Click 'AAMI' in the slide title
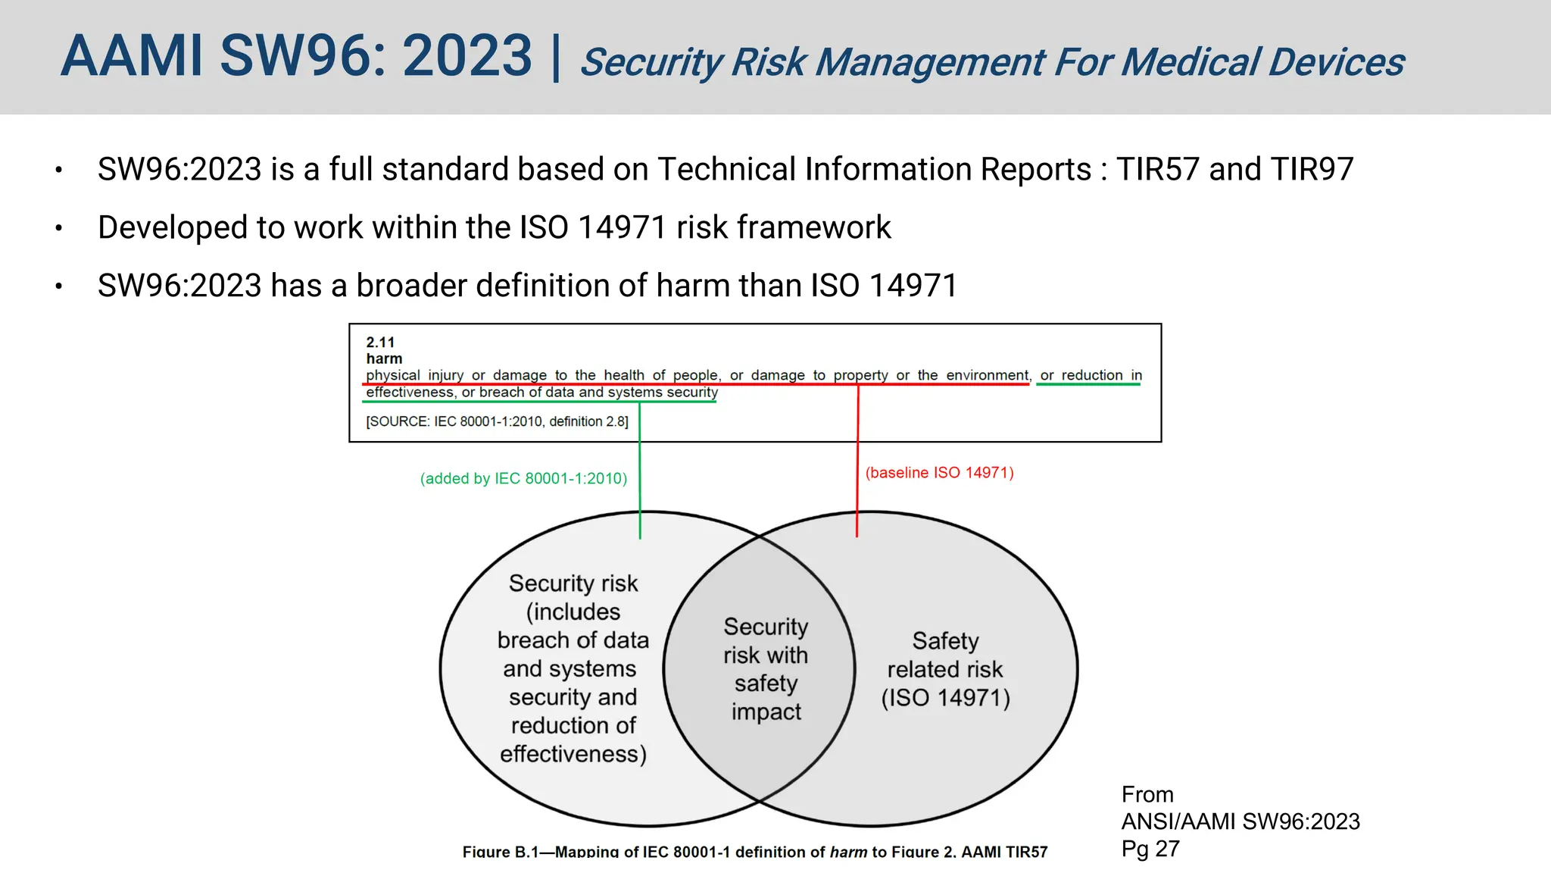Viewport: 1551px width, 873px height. pos(132,56)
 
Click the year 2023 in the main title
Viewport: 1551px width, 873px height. pos(467,56)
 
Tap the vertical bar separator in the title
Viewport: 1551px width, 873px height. pos(557,58)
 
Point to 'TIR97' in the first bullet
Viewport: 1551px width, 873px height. pos(1312,169)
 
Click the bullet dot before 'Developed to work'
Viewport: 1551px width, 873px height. pos(58,228)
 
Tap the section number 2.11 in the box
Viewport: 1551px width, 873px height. pos(380,343)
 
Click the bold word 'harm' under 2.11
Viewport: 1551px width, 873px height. pos(384,358)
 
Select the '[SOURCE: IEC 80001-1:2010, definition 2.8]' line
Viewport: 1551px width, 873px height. pos(497,421)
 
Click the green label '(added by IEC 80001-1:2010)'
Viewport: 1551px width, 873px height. pos(523,478)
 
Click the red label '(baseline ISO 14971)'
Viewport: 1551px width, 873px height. pos(939,473)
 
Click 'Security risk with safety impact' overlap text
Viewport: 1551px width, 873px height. pos(766,668)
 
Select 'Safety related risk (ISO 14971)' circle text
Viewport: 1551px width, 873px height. pos(945,669)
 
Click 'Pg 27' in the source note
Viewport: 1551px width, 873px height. pos(1150,849)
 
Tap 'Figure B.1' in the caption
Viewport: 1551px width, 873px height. pos(500,852)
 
